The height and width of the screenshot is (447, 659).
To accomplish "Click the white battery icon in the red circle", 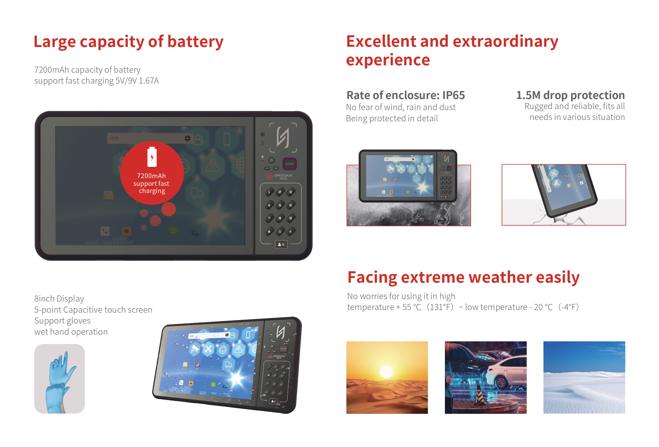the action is pos(152,157).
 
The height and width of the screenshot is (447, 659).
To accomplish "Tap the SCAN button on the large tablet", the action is pos(289,164).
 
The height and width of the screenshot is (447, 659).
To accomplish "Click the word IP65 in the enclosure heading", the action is pos(453,95).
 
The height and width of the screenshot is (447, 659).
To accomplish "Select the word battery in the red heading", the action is pos(195,42).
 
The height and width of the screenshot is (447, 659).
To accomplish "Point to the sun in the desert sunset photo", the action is pos(386,372).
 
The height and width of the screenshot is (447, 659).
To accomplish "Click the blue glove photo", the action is pos(59,379).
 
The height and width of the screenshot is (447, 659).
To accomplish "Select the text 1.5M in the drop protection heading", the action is pos(528,95).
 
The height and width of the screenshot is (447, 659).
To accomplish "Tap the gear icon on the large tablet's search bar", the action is pos(188,138).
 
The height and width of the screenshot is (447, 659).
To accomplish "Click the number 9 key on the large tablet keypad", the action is pos(291,218).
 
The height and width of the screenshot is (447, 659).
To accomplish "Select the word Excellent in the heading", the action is pos(381,41).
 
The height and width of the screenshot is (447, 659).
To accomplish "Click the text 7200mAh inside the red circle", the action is pos(151,176).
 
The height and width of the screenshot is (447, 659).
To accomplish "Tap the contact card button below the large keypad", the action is pos(281,244).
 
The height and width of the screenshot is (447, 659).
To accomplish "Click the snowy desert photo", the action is pos(584,377).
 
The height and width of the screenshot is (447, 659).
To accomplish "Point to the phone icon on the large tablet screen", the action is pos(105,231).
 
